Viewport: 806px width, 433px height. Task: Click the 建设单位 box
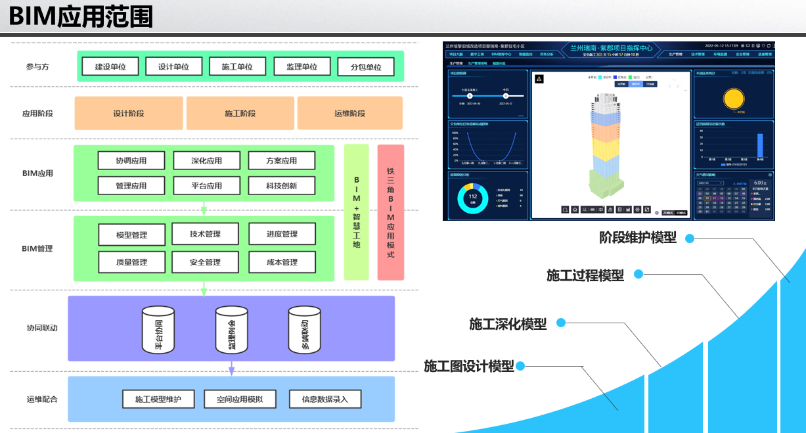[110, 66]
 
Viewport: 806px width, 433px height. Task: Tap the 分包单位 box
[366, 67]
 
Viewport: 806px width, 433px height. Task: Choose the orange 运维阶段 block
[349, 113]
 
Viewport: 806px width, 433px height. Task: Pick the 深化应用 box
[206, 160]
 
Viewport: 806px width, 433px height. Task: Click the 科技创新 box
[281, 185]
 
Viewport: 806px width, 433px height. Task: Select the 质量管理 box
[131, 262]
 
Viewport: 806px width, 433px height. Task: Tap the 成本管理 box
[282, 262]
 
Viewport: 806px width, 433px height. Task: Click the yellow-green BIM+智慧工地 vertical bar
[357, 212]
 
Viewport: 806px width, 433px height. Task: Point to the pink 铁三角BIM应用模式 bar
[391, 212]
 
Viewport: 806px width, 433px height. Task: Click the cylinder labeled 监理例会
[231, 330]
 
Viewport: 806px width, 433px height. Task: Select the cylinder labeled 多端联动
[304, 330]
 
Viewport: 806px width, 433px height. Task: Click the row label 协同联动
[41, 328]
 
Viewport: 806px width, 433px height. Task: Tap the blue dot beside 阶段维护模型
[690, 239]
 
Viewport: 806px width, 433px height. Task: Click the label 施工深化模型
[508, 324]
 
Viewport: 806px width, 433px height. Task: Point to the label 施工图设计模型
[469, 367]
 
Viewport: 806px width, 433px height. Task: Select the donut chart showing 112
[473, 197]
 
